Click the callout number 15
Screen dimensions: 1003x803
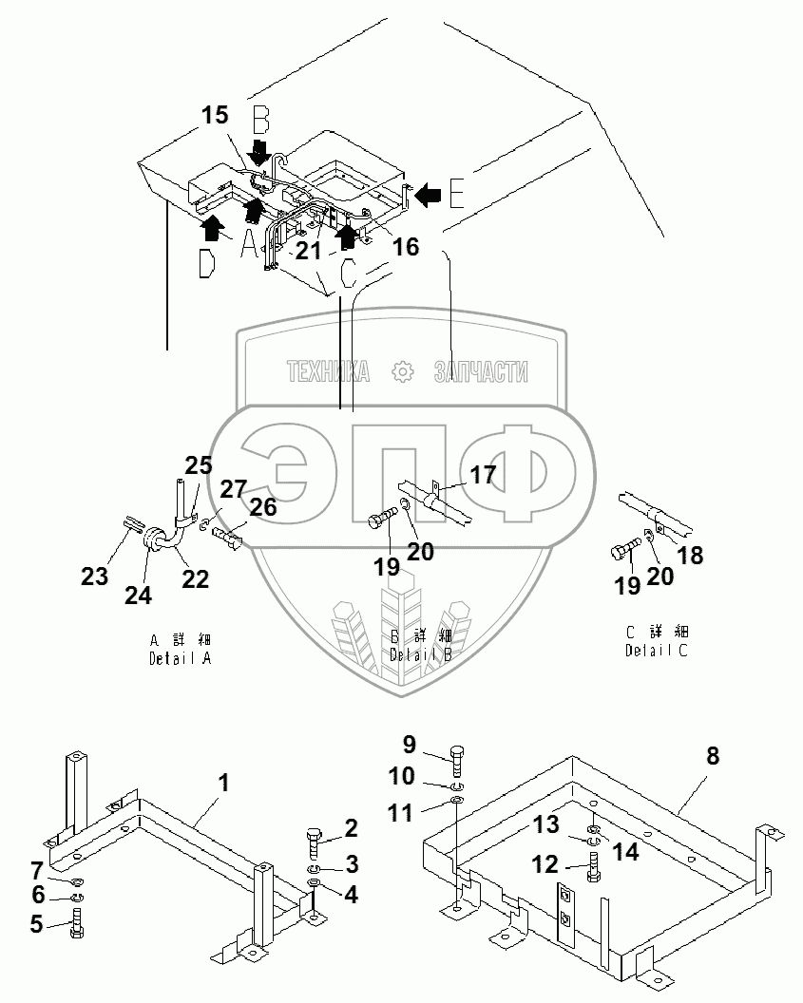point(215,116)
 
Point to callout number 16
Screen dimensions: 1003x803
point(406,247)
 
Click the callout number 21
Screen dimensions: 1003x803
point(307,250)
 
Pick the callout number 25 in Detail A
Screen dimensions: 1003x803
point(199,465)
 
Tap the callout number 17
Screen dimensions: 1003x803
point(483,475)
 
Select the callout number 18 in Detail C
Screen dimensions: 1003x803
point(690,556)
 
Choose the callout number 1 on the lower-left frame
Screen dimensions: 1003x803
point(223,784)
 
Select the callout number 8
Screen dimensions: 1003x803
point(712,756)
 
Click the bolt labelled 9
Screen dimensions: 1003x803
point(457,757)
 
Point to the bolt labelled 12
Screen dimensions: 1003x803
point(594,866)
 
